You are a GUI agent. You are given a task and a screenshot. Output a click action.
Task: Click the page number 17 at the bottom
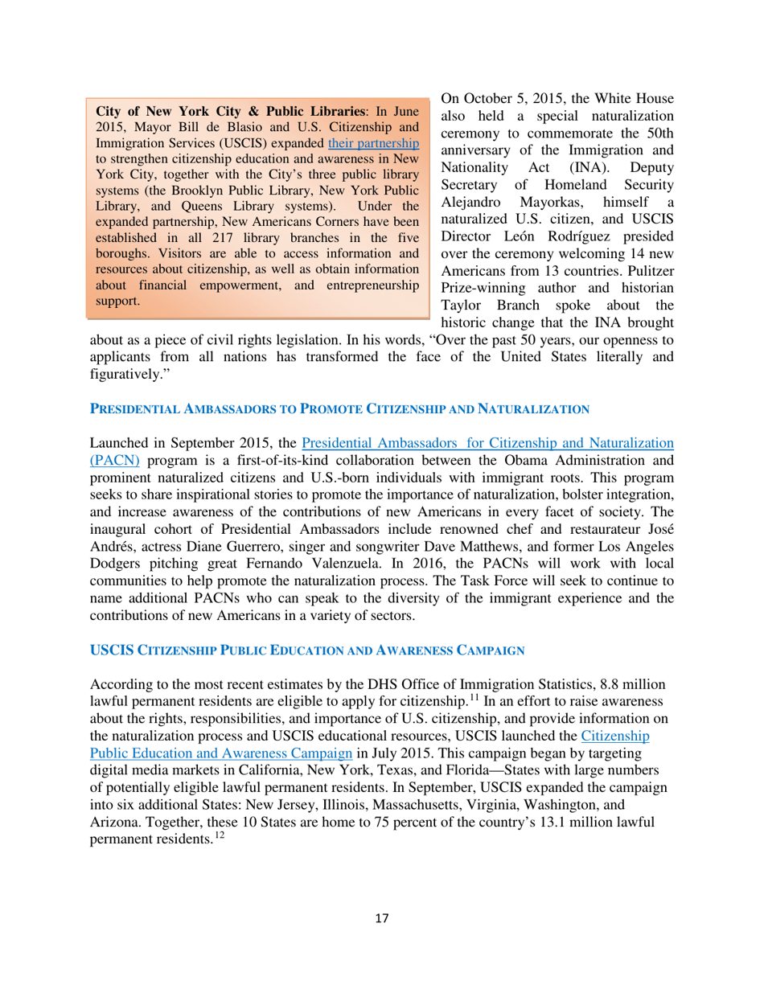[382, 918]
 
